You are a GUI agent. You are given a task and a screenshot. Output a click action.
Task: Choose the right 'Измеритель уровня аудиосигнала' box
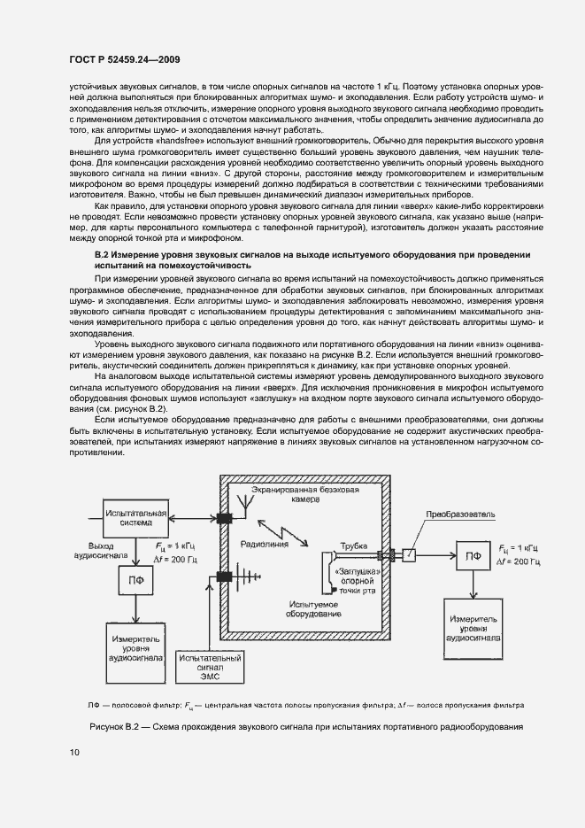(477, 623)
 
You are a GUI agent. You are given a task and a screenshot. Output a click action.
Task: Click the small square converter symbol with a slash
(409, 556)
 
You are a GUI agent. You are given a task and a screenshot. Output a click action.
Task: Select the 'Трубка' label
(353, 547)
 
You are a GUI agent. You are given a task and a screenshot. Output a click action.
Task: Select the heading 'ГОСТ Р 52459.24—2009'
(126, 59)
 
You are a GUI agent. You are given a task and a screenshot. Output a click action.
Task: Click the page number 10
(74, 753)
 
